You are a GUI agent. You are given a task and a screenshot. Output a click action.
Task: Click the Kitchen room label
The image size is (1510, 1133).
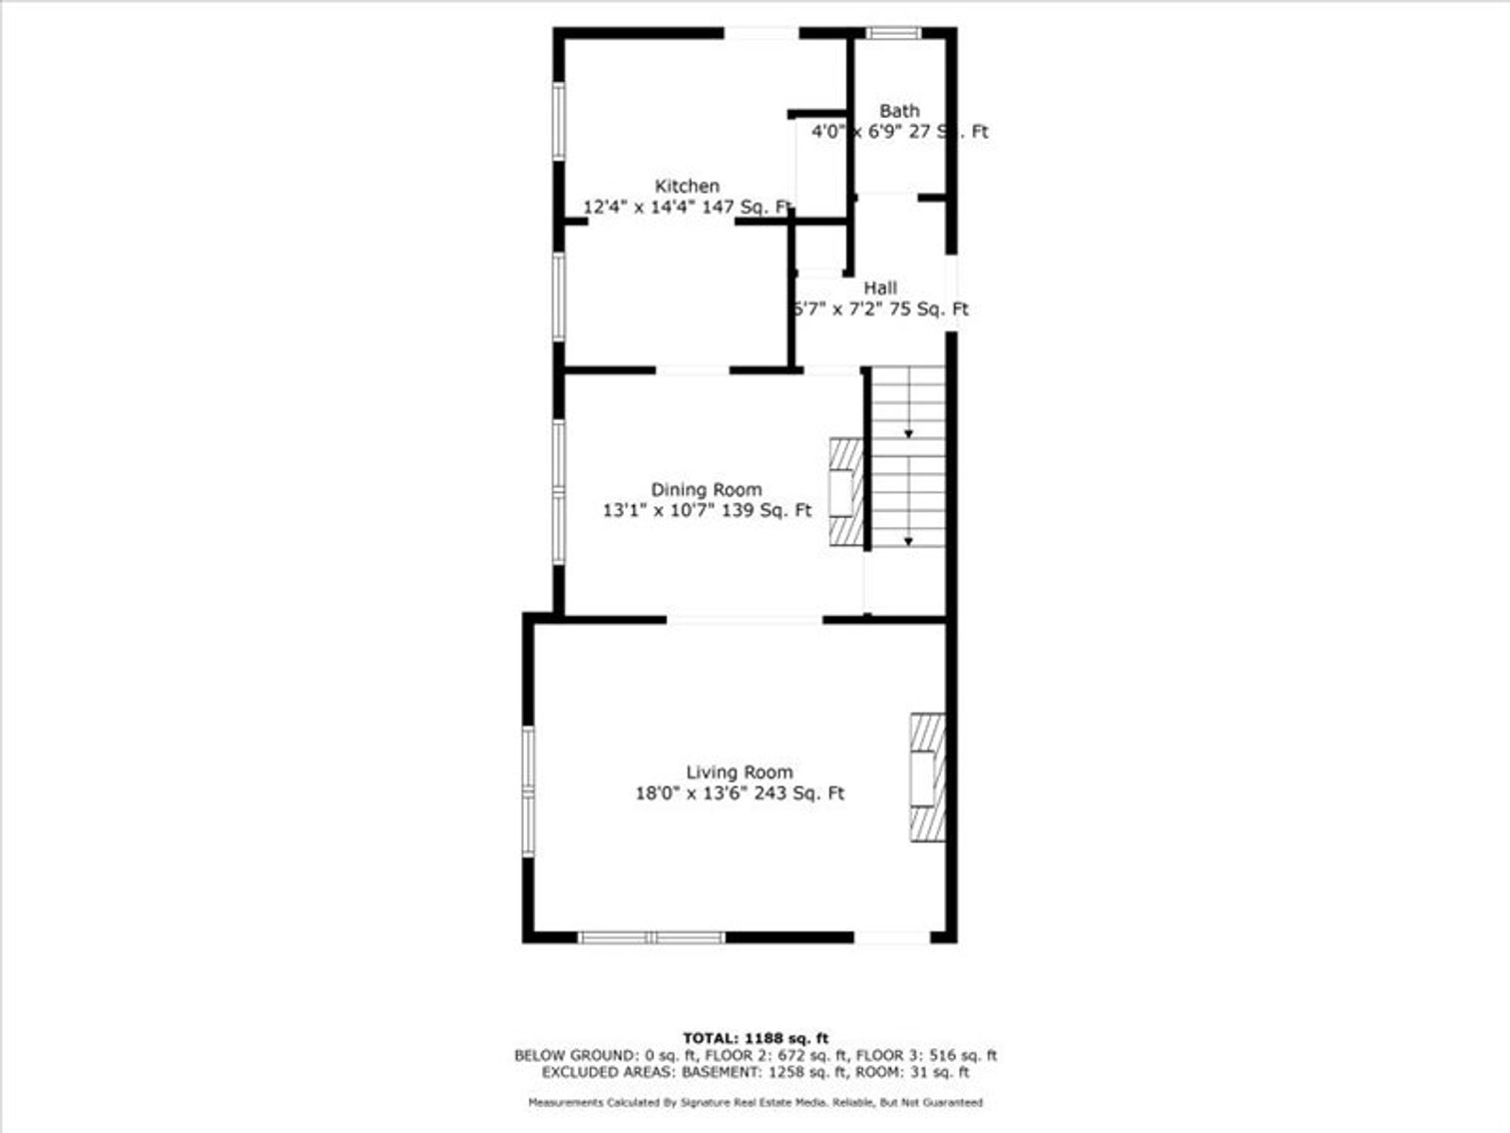coord(687,187)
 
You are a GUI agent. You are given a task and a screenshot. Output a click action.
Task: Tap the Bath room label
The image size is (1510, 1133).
coord(899,111)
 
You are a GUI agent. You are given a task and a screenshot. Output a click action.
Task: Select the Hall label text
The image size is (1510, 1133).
coord(880,288)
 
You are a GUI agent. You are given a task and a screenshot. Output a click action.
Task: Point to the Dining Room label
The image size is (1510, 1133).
coord(707,490)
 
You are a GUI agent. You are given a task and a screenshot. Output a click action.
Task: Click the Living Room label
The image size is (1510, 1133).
coord(740,773)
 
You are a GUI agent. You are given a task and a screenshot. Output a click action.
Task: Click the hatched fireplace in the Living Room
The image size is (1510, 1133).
coord(926,778)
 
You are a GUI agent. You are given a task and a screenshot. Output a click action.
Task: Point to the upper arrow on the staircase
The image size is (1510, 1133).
coord(908,433)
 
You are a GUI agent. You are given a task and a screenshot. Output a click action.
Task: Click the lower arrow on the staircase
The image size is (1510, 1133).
coord(908,540)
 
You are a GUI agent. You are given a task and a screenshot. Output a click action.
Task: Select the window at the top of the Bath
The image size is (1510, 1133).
coord(892,33)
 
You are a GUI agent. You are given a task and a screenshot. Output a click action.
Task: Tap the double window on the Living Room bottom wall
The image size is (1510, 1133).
coord(652,937)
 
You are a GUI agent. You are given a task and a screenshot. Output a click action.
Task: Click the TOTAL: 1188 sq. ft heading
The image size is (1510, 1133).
coord(755,1038)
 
